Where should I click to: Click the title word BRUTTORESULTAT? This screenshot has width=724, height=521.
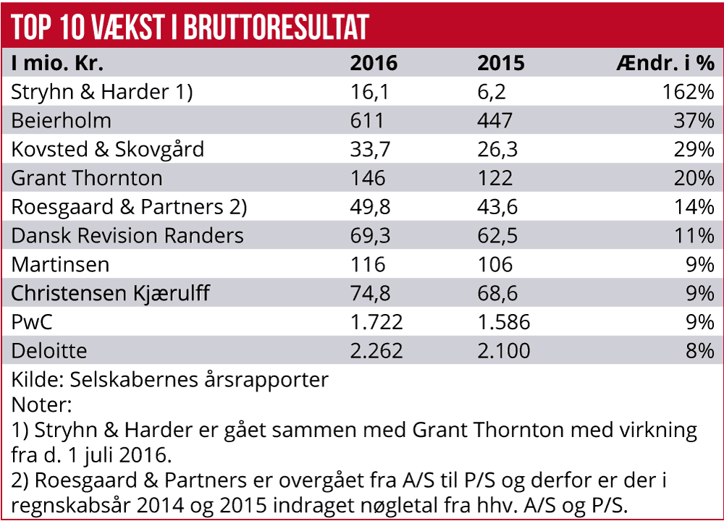point(277,27)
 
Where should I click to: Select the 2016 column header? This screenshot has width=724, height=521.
point(374,63)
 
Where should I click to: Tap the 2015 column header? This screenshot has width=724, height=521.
point(500,63)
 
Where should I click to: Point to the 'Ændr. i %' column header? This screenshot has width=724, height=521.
point(665,63)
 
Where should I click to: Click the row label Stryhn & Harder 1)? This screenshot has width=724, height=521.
point(102,92)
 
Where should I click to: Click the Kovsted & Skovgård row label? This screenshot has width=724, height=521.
point(108,150)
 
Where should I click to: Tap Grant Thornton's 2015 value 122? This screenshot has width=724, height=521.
point(494,178)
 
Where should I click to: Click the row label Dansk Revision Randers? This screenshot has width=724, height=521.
point(127,236)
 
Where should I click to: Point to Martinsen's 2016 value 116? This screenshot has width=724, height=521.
point(368,265)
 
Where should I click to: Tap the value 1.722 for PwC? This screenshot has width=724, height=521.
point(376,322)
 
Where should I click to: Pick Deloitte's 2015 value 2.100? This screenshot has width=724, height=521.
point(503,351)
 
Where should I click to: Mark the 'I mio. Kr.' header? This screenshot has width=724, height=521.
point(58,63)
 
